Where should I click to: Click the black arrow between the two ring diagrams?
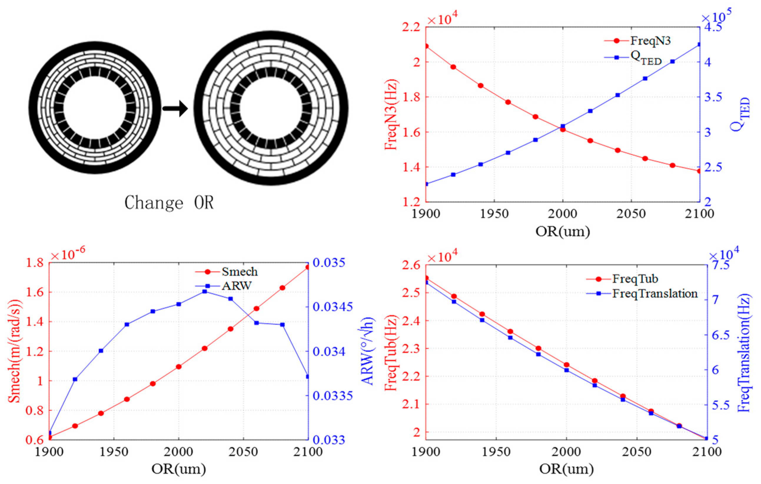[x=175, y=108]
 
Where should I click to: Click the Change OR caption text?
[x=169, y=202]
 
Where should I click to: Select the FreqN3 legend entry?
[x=650, y=41]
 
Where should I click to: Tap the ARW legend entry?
[x=236, y=286]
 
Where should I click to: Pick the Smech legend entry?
[x=239, y=271]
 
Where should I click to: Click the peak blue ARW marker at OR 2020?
[x=205, y=291]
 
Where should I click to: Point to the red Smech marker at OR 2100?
[x=308, y=267]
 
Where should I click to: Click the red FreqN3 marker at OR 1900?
[x=426, y=46]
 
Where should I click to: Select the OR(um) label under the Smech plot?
[x=179, y=469]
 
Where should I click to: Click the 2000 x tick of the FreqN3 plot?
[x=563, y=214]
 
